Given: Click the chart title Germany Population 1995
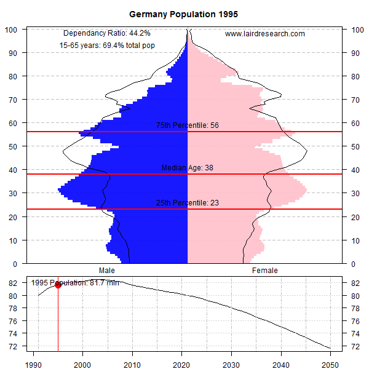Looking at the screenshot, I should [184, 14].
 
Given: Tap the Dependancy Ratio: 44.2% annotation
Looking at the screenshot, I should [107, 33].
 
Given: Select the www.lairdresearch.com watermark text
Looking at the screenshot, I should [265, 34].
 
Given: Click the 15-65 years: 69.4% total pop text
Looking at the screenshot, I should [106, 46].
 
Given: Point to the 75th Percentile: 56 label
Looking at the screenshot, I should [188, 125].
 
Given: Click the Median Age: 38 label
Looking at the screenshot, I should [188, 168].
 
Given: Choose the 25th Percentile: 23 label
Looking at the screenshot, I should [188, 203].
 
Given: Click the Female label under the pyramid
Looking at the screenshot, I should [264, 270].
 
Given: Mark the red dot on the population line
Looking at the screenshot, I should [58, 285].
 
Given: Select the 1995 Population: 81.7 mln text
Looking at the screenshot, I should [75, 283].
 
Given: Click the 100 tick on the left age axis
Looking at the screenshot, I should [11, 30].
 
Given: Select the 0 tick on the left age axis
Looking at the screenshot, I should [15, 264].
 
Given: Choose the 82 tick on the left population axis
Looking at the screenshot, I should [13, 284].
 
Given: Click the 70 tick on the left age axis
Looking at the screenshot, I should [13, 100].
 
